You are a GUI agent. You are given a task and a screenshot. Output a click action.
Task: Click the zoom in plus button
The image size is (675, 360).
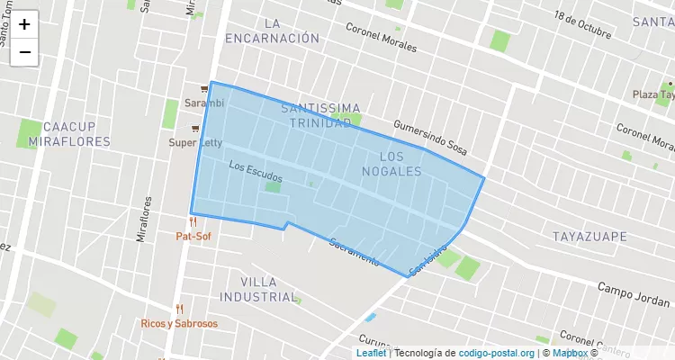[x=24, y=24]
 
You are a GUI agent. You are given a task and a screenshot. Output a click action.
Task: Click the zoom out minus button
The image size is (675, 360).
[x=24, y=52]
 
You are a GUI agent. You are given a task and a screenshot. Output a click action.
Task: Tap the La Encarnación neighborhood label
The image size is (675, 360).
[x=273, y=30]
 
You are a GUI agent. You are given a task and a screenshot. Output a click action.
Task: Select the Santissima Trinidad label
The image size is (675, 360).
[x=320, y=115]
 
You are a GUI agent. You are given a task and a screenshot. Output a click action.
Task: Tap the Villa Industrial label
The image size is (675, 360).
[x=258, y=289]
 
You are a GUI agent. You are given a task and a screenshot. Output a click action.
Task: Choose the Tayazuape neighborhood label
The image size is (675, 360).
[x=589, y=235]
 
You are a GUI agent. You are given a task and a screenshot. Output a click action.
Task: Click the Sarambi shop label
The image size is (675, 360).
[x=204, y=103]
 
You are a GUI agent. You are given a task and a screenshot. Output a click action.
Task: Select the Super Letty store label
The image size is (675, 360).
[x=195, y=142]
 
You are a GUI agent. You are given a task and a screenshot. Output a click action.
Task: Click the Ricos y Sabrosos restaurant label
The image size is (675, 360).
[x=179, y=323]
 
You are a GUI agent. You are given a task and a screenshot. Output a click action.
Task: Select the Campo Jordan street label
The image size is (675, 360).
[x=634, y=295]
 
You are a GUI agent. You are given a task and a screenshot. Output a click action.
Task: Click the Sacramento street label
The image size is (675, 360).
[x=354, y=250]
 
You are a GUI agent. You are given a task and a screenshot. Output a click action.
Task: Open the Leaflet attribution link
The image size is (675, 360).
[x=371, y=353]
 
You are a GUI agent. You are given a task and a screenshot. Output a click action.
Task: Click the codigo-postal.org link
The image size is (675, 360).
[x=497, y=353]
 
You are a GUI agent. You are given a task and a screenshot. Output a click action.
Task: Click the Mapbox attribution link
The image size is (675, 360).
[x=570, y=353]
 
